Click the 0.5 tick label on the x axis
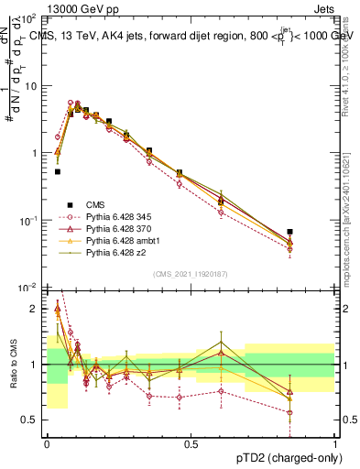[x=191, y=443]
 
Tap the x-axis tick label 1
[x=334, y=443]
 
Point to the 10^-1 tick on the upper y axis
[x=32, y=221]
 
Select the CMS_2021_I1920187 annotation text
[x=190, y=273]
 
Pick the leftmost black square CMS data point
[x=58, y=171]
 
